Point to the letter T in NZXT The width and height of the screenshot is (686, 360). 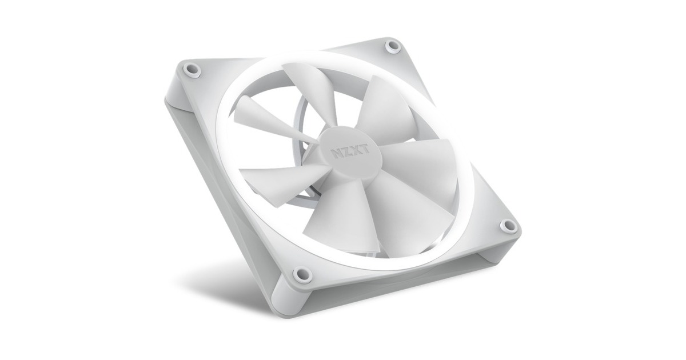(x=364, y=149)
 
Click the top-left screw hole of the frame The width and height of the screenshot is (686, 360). (x=192, y=70)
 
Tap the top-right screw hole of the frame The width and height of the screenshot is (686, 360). (x=393, y=46)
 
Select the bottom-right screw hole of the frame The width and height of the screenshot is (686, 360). (x=508, y=226)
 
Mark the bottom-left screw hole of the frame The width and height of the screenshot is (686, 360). (x=302, y=274)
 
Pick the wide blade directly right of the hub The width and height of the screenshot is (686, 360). (x=423, y=166)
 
